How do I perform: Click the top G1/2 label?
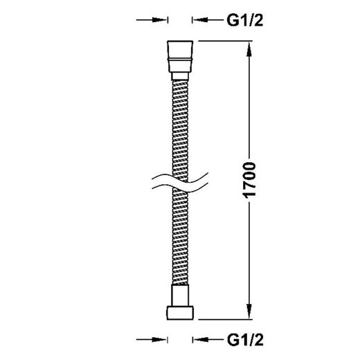(245, 21)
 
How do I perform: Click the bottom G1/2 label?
(245, 340)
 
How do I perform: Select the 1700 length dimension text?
(249, 180)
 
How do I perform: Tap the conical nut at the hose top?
(180, 56)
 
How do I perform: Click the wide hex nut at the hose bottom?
(180, 313)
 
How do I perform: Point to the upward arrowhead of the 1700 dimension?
(249, 50)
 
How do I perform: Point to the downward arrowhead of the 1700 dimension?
(249, 311)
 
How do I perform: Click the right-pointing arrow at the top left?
(152, 20)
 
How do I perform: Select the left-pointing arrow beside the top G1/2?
(208, 20)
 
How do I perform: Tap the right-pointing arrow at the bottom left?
(152, 339)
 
